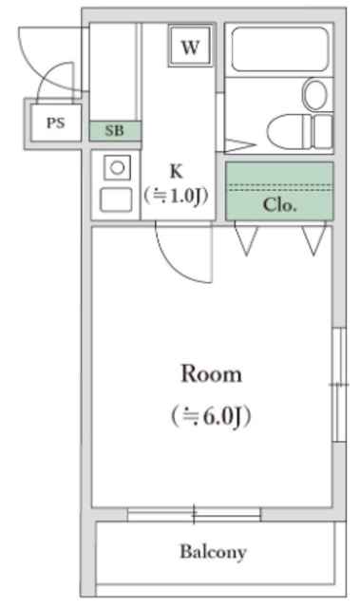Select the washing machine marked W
(x=190, y=47)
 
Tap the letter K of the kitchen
(x=176, y=172)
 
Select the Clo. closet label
(x=279, y=204)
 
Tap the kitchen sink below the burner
(x=116, y=200)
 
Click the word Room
(x=211, y=373)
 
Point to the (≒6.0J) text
(x=211, y=415)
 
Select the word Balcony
(x=214, y=551)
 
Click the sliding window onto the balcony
(x=194, y=514)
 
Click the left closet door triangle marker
(x=246, y=240)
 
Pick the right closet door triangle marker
(x=314, y=240)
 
